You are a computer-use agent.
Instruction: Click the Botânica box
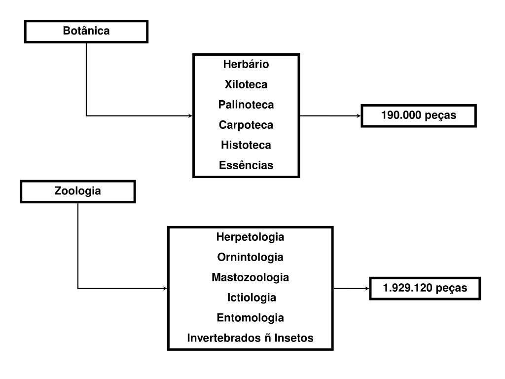pos(86,31)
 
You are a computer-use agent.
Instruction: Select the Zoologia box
pos(78,191)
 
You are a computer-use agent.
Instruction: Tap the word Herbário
pos(246,64)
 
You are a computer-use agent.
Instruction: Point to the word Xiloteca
pos(246,84)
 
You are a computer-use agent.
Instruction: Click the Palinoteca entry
pos(246,105)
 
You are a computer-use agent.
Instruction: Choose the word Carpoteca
pos(246,125)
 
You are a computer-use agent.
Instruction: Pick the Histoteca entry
pos(246,145)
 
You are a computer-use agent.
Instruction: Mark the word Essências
pos(246,165)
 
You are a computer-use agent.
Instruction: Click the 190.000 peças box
pos(419,116)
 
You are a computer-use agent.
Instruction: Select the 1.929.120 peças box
pos(425,288)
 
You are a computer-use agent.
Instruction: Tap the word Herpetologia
pos(250,237)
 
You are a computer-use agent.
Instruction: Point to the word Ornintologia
pos(250,257)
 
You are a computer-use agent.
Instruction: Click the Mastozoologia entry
pos(250,277)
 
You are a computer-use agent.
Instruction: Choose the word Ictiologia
pos(251,298)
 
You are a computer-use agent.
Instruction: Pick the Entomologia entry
pos(250,318)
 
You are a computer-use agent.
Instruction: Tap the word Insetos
pos(294,338)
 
